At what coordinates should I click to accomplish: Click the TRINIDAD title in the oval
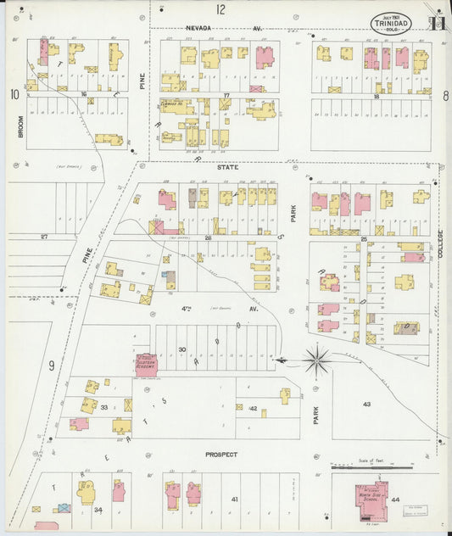coord(391,25)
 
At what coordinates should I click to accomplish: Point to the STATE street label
coord(227,167)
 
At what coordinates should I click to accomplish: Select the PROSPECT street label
coord(221,455)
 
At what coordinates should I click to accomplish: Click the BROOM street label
coord(19,127)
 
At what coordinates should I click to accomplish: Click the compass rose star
coord(316,360)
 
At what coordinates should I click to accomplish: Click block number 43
coord(367,404)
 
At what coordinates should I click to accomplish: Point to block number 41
coord(235,500)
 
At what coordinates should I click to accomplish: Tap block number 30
coord(181,349)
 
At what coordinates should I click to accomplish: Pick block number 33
coord(104,408)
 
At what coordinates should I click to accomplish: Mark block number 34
coord(98,510)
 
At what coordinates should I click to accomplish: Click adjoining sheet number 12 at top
coord(220,10)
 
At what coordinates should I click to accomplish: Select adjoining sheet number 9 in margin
coord(51,366)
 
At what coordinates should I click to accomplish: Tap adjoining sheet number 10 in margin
coord(14,94)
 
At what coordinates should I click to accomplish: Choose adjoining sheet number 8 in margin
coord(444,96)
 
